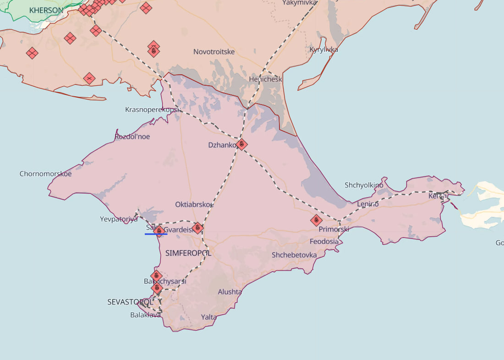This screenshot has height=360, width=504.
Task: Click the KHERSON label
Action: [x=46, y=10]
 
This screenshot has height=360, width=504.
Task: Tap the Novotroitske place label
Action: [x=214, y=52]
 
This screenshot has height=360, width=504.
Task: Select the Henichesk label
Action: [x=265, y=79]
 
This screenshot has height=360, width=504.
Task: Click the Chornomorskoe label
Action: [x=45, y=174]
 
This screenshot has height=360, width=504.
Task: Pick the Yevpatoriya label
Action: [x=119, y=219]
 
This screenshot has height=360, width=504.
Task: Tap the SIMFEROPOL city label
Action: [x=188, y=253]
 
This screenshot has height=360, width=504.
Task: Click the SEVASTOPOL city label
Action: [x=130, y=302]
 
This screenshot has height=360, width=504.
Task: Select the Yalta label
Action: [x=209, y=317]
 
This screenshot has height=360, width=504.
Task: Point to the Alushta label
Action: [x=230, y=292]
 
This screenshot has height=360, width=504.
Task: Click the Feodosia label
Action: [x=324, y=241]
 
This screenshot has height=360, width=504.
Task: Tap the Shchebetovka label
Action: [x=294, y=255]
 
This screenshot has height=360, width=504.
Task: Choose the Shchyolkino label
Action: [x=364, y=185]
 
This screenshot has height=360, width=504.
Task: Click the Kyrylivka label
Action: [x=323, y=50]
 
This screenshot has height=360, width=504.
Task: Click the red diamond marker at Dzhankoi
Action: [x=242, y=144]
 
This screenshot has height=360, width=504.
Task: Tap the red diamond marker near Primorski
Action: [x=316, y=221]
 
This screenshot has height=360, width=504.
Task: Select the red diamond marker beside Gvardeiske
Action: [x=197, y=227]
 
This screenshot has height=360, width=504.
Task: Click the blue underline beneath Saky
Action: [x=156, y=234]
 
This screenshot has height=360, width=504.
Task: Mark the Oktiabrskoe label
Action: [x=194, y=205]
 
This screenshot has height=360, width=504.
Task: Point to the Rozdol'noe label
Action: [x=132, y=137]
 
